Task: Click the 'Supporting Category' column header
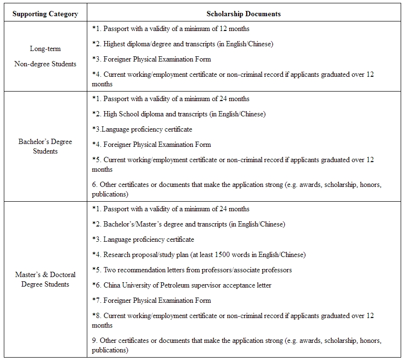(x=45, y=14)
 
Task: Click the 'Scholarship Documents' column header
(x=243, y=14)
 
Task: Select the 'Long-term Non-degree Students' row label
(x=45, y=56)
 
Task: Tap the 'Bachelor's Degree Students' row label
(x=45, y=146)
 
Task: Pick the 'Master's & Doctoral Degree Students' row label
(x=45, y=279)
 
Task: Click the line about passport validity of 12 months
(x=170, y=29)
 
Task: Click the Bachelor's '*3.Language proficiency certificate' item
(x=142, y=129)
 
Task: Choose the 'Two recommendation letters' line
(x=192, y=270)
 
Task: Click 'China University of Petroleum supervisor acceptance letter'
(x=182, y=285)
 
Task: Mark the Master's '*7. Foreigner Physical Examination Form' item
(x=151, y=300)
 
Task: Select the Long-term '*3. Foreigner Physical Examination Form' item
(x=151, y=59)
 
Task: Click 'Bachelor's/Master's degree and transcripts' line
(x=188, y=224)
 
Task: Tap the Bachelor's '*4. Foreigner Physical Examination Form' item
(x=151, y=144)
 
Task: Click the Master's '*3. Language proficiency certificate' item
(x=143, y=239)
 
